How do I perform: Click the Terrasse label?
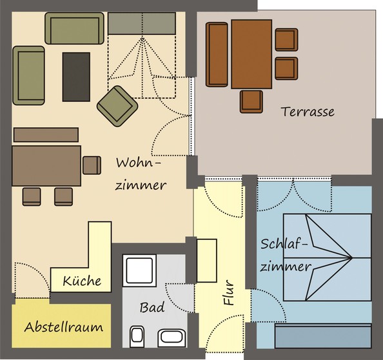308,112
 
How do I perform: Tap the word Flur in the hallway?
229,292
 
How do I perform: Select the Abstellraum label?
63,326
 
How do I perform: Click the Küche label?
82,281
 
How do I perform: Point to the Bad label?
152,307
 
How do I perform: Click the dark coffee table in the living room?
76,77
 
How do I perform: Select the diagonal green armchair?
117,106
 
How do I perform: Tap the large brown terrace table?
251,54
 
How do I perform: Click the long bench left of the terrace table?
217,55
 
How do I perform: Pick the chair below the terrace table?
251,102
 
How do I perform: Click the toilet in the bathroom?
137,336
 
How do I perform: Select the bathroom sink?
172,337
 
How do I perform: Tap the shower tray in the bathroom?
139,270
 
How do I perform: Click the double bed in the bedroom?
328,257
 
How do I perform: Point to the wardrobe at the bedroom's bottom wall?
323,335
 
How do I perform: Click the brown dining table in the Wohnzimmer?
46,166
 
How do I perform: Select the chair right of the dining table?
92,165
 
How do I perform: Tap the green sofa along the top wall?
75,28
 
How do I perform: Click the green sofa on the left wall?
29,75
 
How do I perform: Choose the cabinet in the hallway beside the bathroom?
207,261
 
